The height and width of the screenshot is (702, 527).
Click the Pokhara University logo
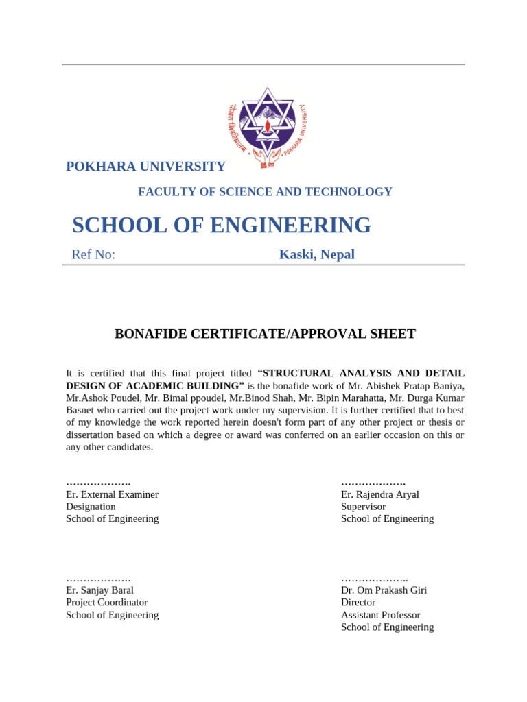click(x=266, y=127)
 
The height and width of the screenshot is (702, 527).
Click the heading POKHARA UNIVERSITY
click(x=145, y=167)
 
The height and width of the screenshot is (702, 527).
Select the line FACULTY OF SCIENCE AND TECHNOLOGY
click(x=265, y=192)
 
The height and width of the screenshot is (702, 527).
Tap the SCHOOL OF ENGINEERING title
click(x=221, y=225)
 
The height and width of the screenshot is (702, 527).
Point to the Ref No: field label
click(x=93, y=255)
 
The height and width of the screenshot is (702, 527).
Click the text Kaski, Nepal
click(x=316, y=255)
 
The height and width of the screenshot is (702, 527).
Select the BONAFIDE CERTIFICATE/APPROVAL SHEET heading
click(x=265, y=334)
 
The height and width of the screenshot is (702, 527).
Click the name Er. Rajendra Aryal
click(x=379, y=494)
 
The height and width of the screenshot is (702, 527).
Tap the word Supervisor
click(x=363, y=507)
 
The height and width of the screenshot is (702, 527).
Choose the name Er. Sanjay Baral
click(x=99, y=590)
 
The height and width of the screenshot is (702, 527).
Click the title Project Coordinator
click(x=106, y=603)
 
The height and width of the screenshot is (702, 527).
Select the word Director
click(x=358, y=603)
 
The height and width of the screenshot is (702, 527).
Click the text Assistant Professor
click(x=380, y=615)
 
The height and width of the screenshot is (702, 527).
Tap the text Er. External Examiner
click(x=112, y=494)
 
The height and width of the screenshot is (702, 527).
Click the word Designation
click(x=91, y=507)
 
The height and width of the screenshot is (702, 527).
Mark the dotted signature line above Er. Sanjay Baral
click(x=98, y=579)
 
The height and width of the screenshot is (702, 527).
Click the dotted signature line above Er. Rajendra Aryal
click(x=373, y=483)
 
